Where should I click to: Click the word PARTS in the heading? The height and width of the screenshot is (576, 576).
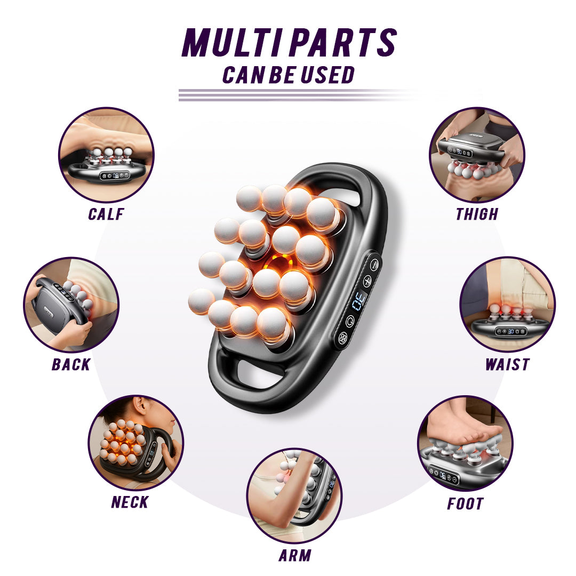(345, 43)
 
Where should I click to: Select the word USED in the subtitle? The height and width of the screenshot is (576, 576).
(327, 75)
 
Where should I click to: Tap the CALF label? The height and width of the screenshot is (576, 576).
(106, 214)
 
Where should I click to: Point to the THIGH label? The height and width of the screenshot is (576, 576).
(477, 214)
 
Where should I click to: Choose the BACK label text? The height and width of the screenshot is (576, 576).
(71, 365)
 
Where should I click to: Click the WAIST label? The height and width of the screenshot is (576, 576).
(507, 365)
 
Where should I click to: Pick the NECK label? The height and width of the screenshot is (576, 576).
(130, 502)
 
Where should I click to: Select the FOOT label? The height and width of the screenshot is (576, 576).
(465, 503)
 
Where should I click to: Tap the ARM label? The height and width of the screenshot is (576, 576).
(295, 555)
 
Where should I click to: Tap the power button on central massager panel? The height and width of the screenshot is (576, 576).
(350, 321)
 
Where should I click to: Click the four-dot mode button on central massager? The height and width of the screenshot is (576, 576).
(343, 338)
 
